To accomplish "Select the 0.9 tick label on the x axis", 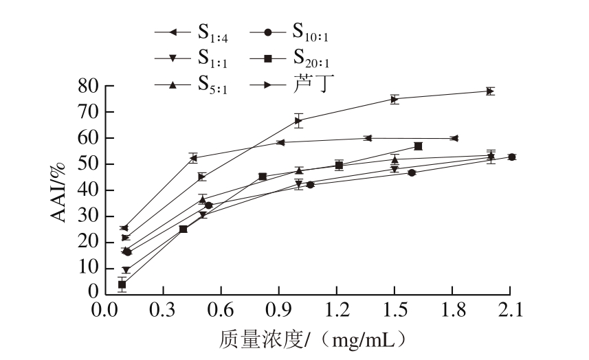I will coord(278,309).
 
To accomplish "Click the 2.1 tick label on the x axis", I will coord(509,309).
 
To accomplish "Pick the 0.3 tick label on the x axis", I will coord(163,309).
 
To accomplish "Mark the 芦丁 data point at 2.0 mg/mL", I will coord(490,91).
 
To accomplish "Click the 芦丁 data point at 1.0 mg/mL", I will coord(298,120).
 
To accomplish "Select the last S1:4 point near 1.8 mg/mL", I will coord(454,138).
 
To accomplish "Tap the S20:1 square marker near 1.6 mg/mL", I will coord(418,146).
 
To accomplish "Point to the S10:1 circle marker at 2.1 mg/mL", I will coord(511,157).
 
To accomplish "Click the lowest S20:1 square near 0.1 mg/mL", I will coord(122,284).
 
